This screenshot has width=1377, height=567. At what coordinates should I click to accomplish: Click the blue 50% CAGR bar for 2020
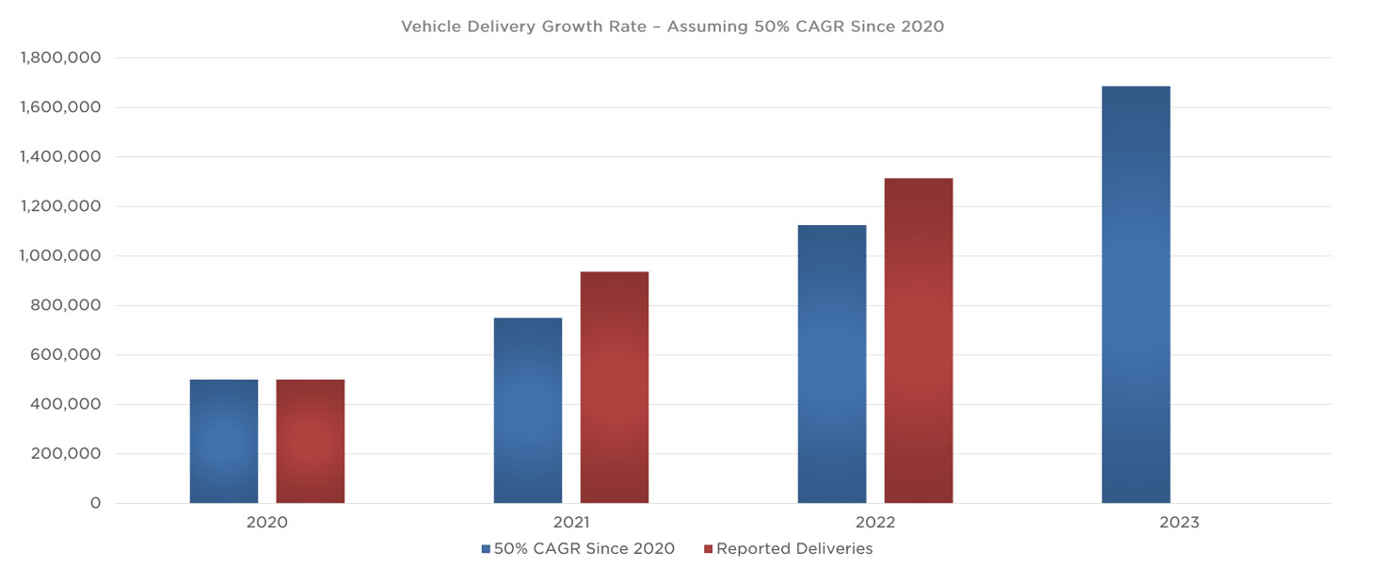[224, 441]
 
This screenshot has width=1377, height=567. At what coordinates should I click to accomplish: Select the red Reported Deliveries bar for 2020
[310, 441]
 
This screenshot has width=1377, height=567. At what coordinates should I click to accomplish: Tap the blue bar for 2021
[528, 411]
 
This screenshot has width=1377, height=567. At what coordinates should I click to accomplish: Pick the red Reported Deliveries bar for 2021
[614, 387]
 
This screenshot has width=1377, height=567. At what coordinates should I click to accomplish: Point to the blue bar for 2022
[832, 364]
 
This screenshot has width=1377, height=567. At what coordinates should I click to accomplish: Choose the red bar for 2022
[918, 340]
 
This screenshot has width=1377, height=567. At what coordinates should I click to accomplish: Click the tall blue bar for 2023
[1136, 295]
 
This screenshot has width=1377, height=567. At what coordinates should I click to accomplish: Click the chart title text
[672, 26]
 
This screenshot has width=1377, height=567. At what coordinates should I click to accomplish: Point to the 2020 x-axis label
[267, 523]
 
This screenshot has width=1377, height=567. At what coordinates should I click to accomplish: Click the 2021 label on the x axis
[571, 523]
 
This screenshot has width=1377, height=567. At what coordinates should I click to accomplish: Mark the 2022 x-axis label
[875, 523]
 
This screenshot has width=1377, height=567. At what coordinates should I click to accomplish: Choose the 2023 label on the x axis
[1179, 523]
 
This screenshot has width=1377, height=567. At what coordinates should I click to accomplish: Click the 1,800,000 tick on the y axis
[60, 58]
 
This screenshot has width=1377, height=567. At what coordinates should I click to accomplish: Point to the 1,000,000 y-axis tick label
[60, 256]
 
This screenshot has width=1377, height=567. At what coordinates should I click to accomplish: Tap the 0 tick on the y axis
[95, 503]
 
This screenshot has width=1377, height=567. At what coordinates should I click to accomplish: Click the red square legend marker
[708, 549]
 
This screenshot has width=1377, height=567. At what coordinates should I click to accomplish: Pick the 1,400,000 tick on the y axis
[60, 157]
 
